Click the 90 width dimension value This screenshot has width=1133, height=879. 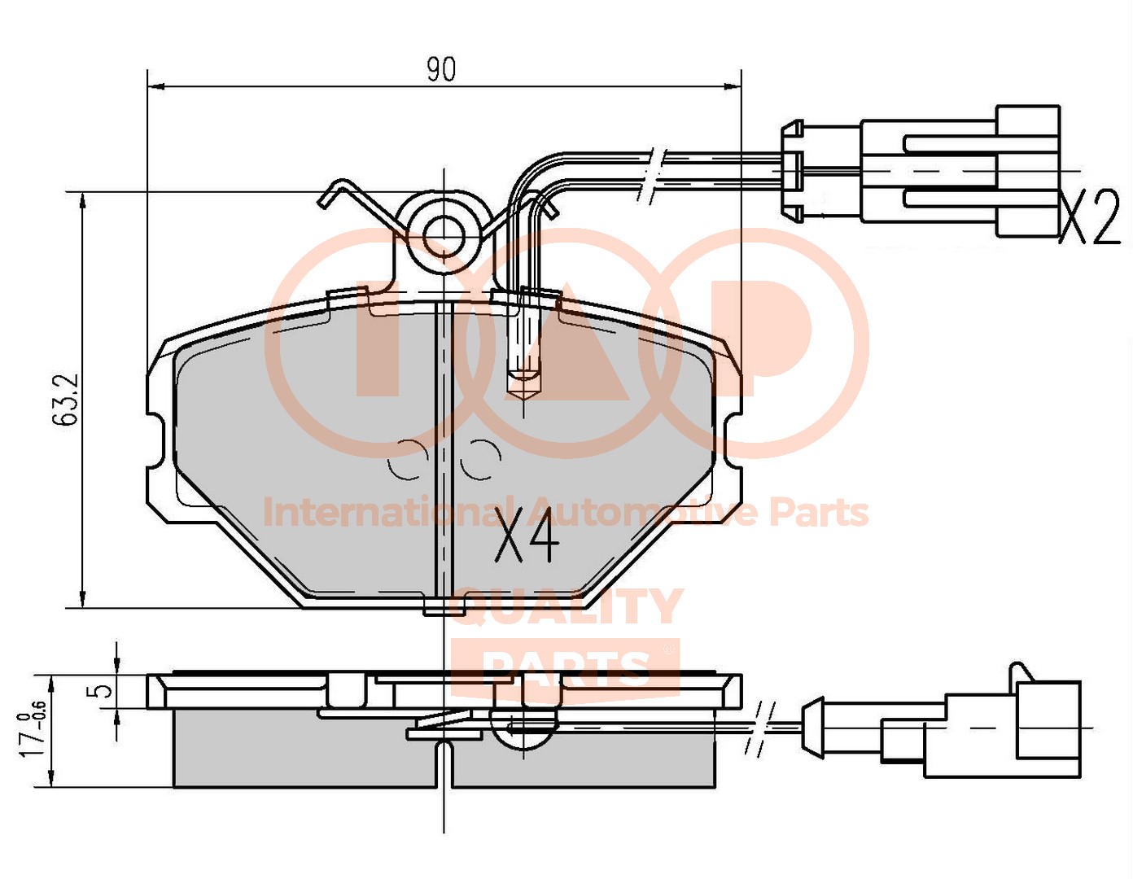pyautogui.click(x=441, y=70)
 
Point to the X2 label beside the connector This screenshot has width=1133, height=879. pyautogui.click(x=1089, y=216)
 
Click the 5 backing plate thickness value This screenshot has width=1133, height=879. pyautogui.click(x=103, y=691)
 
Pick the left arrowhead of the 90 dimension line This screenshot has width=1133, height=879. pyautogui.click(x=156, y=87)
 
